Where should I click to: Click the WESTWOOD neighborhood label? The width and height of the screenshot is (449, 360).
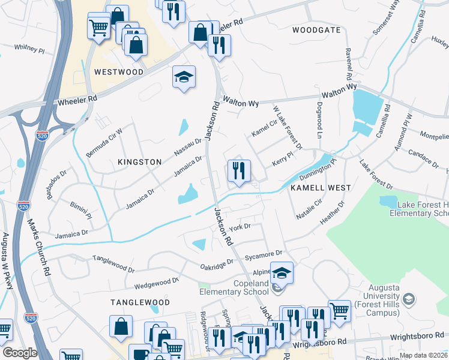click(x=119, y=72)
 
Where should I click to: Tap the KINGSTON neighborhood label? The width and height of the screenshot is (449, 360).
click(x=140, y=162)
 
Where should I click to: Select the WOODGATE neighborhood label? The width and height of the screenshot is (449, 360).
click(x=316, y=30)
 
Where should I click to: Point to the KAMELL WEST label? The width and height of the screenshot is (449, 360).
click(x=321, y=188)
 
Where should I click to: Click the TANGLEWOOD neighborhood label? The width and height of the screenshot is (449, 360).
click(x=140, y=302)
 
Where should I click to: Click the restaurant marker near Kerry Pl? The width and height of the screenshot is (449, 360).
click(x=239, y=170)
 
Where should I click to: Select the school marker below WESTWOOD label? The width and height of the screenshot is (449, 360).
click(x=184, y=77)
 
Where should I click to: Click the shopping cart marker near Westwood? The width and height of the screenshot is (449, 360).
click(x=99, y=25)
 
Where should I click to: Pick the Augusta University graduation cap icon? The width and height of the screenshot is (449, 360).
click(x=409, y=298)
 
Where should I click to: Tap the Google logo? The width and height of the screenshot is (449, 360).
click(x=20, y=353)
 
